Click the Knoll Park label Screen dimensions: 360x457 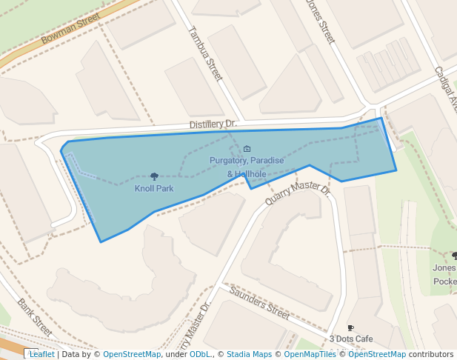(154, 189)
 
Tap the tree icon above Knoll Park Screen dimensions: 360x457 (154, 176)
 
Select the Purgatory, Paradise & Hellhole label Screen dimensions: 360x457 (247, 167)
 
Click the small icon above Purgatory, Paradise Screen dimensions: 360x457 (247, 149)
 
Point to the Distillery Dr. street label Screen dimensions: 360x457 (212, 124)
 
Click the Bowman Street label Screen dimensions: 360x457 (70, 28)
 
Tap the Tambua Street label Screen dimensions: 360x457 (205, 53)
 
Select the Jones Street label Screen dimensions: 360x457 (321, 21)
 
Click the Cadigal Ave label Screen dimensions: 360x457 (447, 89)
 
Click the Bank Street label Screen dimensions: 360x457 (35, 316)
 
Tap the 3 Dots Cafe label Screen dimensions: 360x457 (351, 339)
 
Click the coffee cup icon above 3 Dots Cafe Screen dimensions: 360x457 (351, 327)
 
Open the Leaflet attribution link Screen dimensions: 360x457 (41, 354)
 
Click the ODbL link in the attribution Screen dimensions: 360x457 (200, 354)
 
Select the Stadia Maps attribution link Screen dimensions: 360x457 (249, 354)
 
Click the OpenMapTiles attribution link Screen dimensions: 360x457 (310, 354)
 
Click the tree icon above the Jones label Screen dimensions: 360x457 (454, 256)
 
